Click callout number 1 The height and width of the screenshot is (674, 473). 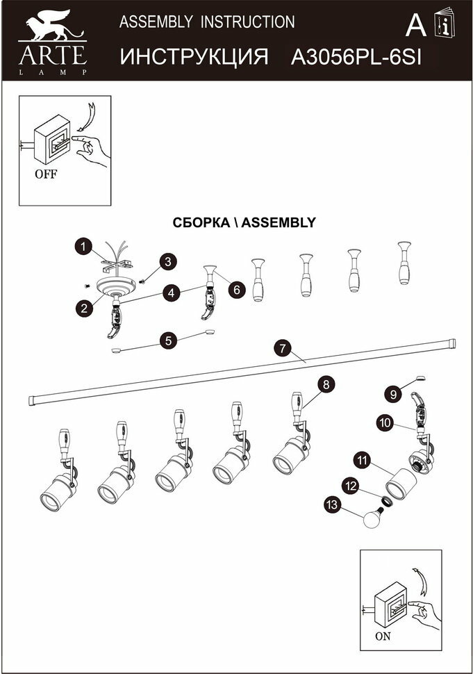83,246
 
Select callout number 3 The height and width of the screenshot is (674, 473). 167,262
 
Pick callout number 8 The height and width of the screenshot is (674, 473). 324,384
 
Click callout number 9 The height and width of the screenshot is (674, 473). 393,394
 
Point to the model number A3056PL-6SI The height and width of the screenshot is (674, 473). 356,57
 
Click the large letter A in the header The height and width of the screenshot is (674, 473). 415,25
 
